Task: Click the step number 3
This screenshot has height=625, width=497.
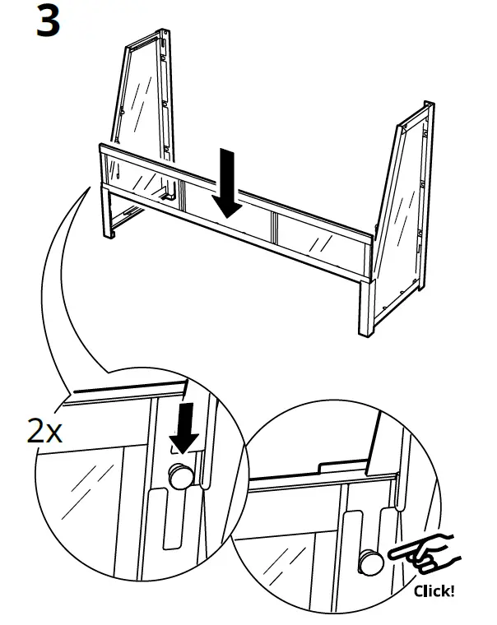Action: click(49, 21)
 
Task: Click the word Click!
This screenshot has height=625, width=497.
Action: click(433, 590)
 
